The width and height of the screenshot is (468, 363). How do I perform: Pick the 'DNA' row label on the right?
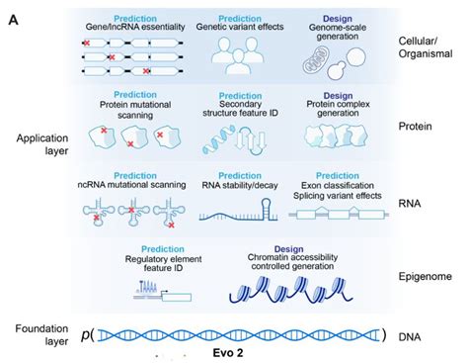tap(413, 334)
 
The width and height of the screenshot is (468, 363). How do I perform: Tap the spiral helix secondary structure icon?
tap(213, 142)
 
